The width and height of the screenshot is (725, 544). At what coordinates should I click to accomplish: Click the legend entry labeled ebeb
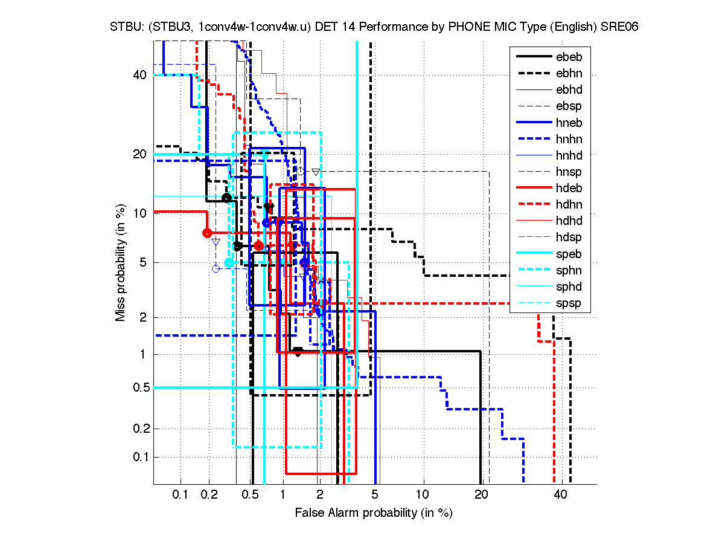pos(568,57)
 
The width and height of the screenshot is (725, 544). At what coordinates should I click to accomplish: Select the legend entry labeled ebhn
pos(568,73)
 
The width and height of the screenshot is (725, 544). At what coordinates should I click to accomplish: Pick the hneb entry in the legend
pos(568,123)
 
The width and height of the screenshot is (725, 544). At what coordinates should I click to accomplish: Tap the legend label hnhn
pos(568,139)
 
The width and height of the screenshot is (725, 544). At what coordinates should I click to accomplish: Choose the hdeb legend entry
pos(568,189)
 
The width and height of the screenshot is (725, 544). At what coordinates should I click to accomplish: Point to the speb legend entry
pos(568,254)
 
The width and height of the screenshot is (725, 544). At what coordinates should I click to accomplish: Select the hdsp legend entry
pos(568,238)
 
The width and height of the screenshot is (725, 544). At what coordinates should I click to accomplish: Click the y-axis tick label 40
pos(140,75)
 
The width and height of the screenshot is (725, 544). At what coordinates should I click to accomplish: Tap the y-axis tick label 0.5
pos(138,387)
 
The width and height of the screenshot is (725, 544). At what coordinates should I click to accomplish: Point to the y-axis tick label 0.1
pos(138,456)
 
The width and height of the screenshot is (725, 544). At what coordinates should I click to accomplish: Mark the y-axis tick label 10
pos(140,213)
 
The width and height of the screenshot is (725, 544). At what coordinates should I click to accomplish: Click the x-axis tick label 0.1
pos(180,494)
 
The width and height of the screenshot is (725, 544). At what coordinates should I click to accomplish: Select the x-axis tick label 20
pos(481,494)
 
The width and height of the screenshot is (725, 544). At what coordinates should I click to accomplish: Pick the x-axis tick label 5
pos(375,494)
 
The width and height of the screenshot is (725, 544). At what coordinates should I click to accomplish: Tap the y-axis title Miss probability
pos(121,262)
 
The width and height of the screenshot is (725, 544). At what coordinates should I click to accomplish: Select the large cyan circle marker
pos(229,262)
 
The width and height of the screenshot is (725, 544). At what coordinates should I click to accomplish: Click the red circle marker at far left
pos(207,233)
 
